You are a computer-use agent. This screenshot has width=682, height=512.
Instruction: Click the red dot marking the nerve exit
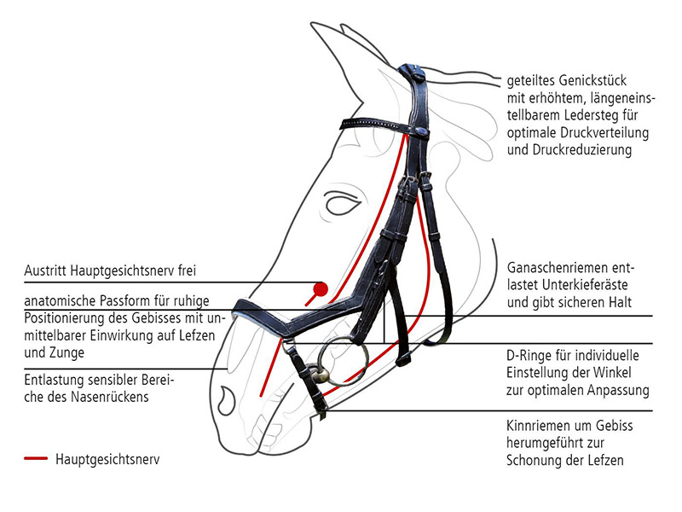click(321, 288)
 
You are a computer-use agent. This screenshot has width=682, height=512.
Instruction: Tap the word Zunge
click(71, 352)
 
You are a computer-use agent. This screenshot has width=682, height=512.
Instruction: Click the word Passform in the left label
click(113, 301)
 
